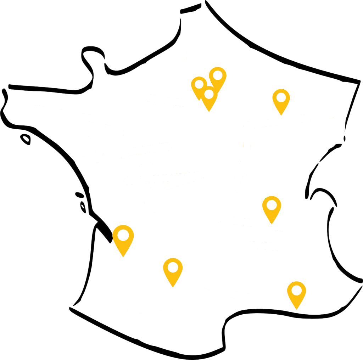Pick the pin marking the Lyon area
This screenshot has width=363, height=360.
coord(272,208)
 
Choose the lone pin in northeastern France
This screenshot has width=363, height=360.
coord(281,100)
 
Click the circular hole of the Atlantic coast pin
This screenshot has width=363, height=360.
coord(123,235)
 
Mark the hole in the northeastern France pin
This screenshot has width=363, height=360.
coord(281,96)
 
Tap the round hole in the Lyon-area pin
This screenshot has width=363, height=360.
coord(272,204)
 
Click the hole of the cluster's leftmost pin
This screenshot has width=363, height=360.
coord(200,84)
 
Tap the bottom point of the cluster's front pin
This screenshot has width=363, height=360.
coord(209,112)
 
